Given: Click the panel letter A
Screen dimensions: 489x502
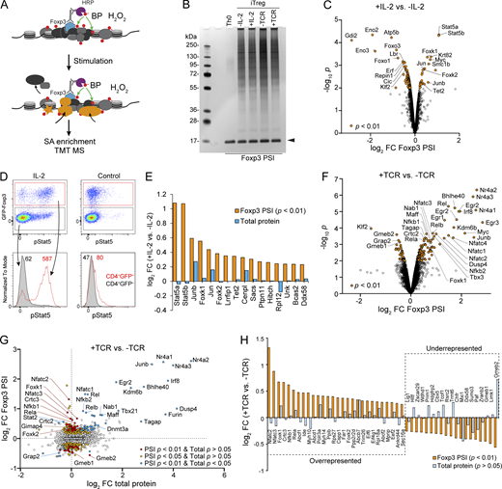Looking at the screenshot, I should pyautogui.click(x=7, y=7).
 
